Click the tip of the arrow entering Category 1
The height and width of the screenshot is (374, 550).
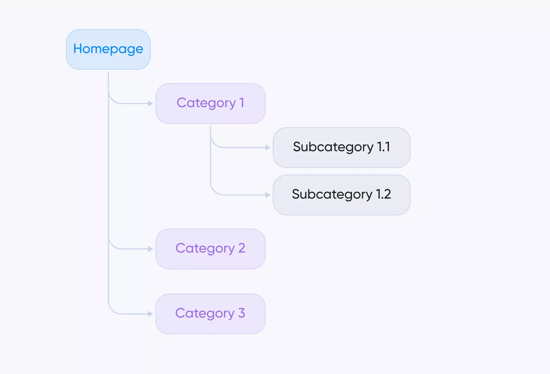pos(153,104)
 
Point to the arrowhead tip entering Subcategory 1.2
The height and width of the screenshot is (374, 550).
pos(271,195)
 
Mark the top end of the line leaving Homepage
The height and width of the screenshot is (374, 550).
pos(108,72)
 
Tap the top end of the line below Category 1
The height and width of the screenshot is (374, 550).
pos(211,126)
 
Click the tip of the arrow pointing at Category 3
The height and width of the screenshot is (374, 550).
pos(153,314)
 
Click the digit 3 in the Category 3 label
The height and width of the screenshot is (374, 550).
pos(242,313)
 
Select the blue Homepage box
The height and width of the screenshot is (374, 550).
pos(108,50)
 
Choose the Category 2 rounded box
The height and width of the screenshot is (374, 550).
pos(211,249)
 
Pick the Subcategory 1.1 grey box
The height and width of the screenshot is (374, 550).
pos(342,148)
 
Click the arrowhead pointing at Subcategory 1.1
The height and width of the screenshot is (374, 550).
pos(268,148)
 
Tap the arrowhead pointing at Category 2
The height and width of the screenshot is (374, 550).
pos(151,249)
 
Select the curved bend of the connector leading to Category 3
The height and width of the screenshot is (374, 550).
pos(112,310)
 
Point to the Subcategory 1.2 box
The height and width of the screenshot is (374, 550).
pos(342,195)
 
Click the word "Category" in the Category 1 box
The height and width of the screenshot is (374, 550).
pos(206,103)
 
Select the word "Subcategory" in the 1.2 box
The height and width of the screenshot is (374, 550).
pos(332,195)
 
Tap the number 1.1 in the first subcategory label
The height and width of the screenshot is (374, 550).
pos(384,147)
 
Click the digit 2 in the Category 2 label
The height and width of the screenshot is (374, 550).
pos(242,248)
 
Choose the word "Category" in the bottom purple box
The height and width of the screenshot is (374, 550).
pos(205,314)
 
